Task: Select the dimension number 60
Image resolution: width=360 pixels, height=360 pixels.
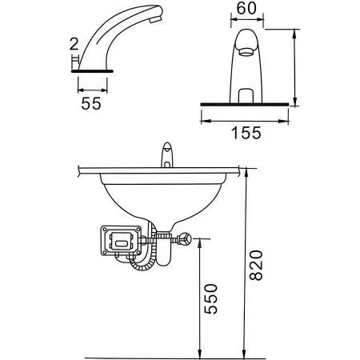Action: click(247, 11)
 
